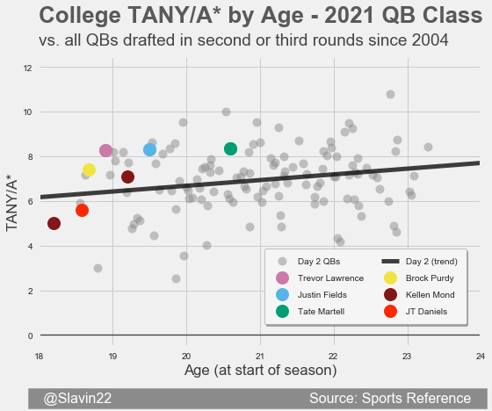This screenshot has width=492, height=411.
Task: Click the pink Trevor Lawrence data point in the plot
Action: pyautogui.click(x=105, y=150)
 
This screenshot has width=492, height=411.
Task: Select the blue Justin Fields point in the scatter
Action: pyautogui.click(x=149, y=149)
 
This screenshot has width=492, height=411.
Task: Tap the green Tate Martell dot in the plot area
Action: pyautogui.click(x=230, y=148)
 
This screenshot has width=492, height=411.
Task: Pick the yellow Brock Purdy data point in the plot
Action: pyautogui.click(x=89, y=170)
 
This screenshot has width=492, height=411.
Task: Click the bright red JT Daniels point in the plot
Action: pyautogui.click(x=82, y=210)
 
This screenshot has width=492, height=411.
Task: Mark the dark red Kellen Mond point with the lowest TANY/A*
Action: pyautogui.click(x=54, y=224)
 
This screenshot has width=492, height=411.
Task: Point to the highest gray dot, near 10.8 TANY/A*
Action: pyautogui.click(x=390, y=95)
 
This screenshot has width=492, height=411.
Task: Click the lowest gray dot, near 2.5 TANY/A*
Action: pyautogui.click(x=176, y=278)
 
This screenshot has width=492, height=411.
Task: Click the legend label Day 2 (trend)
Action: pyautogui.click(x=431, y=262)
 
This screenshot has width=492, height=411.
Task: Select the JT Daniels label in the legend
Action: pyautogui.click(x=426, y=312)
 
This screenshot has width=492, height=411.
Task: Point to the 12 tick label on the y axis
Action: pyautogui.click(x=27, y=68)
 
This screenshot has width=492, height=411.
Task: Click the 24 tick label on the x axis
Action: pyautogui.click(x=481, y=357)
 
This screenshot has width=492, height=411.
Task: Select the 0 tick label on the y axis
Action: pyautogui.click(x=30, y=336)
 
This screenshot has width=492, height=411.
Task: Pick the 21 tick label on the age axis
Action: pyautogui.click(x=259, y=357)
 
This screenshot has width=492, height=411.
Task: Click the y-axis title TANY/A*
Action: pyautogui.click(x=11, y=205)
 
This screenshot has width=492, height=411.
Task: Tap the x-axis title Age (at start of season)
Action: pyautogui.click(x=260, y=371)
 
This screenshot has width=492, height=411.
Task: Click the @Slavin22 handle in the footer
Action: pyautogui.click(x=77, y=399)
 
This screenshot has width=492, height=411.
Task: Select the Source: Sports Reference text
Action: pyautogui.click(x=390, y=399)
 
